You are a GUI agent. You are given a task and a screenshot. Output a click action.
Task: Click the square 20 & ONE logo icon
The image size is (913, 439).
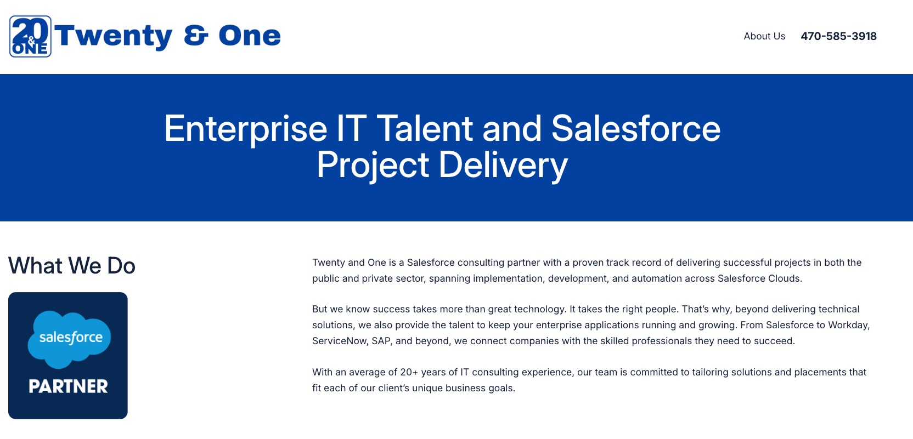(30, 36)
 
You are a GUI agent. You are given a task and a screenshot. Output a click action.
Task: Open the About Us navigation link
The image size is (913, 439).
(764, 36)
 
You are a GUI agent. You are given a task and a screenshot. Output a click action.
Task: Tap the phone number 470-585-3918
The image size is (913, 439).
(838, 36)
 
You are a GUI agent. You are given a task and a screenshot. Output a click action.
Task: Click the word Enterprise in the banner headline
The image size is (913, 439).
(245, 129)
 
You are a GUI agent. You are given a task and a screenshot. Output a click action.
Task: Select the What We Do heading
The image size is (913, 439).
(72, 266)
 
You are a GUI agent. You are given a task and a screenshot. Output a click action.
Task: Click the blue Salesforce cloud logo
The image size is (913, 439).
(69, 339)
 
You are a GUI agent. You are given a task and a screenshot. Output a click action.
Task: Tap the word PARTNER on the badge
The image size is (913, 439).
(68, 386)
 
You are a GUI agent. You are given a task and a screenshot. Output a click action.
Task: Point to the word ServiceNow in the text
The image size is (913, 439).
(339, 341)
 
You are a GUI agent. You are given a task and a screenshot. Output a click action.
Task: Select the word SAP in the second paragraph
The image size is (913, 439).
(381, 341)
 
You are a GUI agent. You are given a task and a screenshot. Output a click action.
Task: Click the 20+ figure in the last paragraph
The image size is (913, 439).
(409, 372)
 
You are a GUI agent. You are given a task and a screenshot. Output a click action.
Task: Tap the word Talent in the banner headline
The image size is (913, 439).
(424, 128)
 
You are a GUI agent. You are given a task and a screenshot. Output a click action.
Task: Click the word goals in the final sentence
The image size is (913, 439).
(503, 389)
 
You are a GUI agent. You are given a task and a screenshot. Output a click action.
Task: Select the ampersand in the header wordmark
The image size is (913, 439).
(196, 36)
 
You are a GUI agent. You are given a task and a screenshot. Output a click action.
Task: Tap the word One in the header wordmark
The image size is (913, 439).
(250, 36)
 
